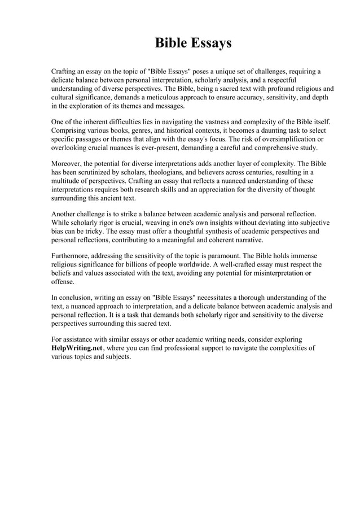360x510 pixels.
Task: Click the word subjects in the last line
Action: (x=117, y=358)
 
